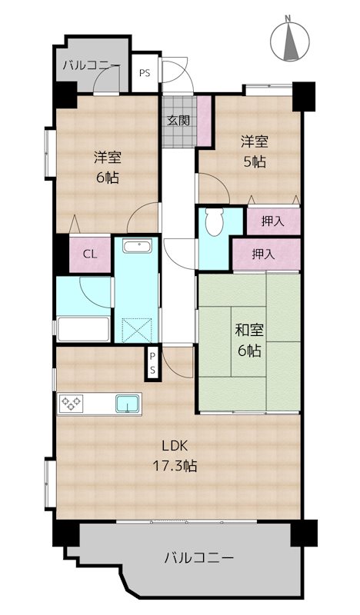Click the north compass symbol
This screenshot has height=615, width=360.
[291, 41]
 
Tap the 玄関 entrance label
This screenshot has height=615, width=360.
[178, 121]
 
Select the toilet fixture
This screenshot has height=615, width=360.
[214, 221]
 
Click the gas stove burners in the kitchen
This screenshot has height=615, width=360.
[71, 403]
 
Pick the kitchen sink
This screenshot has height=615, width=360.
[127, 404]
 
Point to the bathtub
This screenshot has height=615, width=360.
[83, 329]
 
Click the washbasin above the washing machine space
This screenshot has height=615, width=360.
[136, 246]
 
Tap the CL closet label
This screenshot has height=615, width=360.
[90, 254]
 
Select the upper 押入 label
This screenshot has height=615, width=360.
[273, 221]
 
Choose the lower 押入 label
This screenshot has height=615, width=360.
[263, 254]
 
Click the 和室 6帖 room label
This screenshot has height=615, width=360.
[249, 341]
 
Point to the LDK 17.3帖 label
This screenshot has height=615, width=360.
[175, 456]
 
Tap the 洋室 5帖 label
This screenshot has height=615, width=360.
[255, 151]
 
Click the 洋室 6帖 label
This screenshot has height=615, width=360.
[107, 168]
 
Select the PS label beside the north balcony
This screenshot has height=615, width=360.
[145, 73]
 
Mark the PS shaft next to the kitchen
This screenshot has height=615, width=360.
[152, 363]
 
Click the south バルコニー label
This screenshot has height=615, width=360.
[199, 557]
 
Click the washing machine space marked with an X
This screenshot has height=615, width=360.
[137, 331]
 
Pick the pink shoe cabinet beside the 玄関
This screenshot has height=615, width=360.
[204, 121]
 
